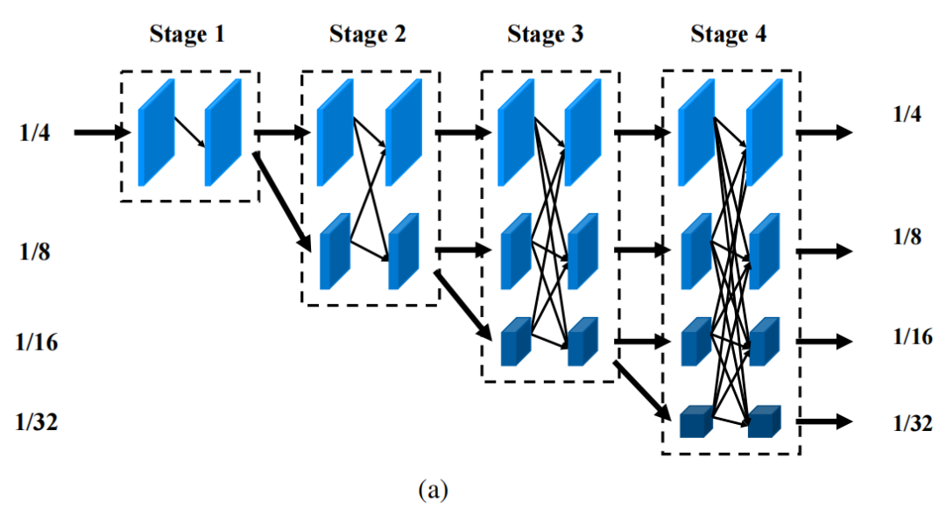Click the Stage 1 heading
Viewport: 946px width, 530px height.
(x=187, y=35)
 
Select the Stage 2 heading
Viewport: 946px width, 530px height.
(x=368, y=35)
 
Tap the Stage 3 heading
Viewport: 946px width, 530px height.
(x=545, y=35)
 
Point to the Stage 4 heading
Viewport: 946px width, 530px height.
(x=729, y=35)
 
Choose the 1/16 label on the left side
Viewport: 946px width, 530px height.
(x=35, y=341)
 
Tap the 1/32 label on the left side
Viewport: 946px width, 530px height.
(x=35, y=421)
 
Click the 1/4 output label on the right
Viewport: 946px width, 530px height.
(x=906, y=114)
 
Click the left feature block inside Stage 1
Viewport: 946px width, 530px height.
(x=156, y=133)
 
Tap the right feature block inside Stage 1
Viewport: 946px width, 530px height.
(x=222, y=133)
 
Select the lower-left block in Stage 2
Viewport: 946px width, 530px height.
(x=335, y=251)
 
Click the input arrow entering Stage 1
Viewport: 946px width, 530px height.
(x=101, y=133)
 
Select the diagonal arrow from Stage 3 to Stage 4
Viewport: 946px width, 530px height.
(x=642, y=390)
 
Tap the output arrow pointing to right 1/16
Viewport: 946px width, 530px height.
(x=823, y=341)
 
